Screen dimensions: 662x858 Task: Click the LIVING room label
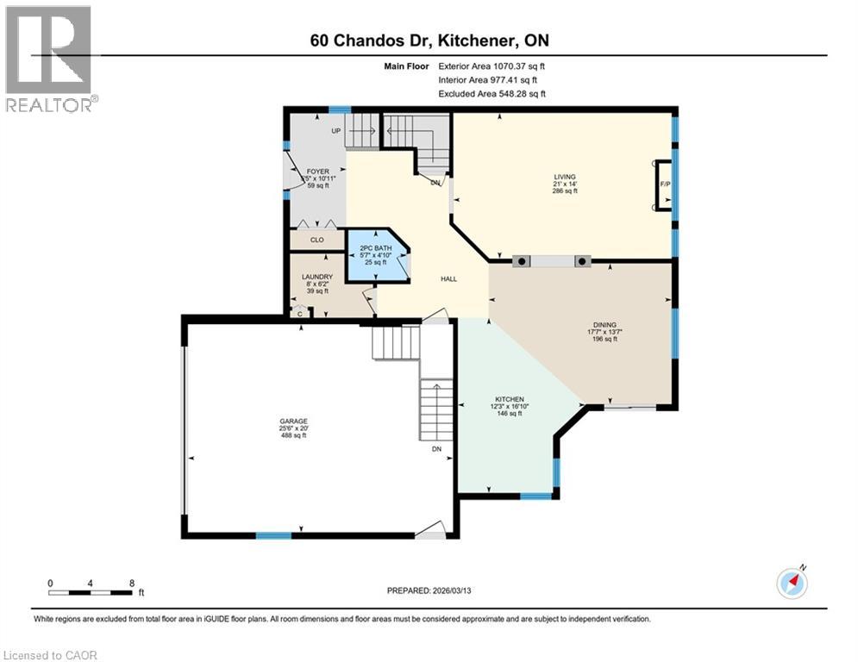tap(565, 177)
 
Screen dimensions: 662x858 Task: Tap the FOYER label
tap(318, 172)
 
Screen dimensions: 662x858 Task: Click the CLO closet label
tap(316, 240)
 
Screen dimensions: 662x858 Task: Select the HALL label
tap(448, 278)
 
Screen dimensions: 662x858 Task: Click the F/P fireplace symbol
tap(664, 185)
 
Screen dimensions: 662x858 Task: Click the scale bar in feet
tap(91, 592)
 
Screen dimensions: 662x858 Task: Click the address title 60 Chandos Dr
tap(429, 41)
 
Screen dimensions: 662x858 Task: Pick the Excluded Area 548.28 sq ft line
tap(492, 94)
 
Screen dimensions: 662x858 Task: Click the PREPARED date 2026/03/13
tap(429, 590)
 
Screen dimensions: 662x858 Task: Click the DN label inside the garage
tap(437, 448)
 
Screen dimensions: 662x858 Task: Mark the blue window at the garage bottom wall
tap(273, 535)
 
